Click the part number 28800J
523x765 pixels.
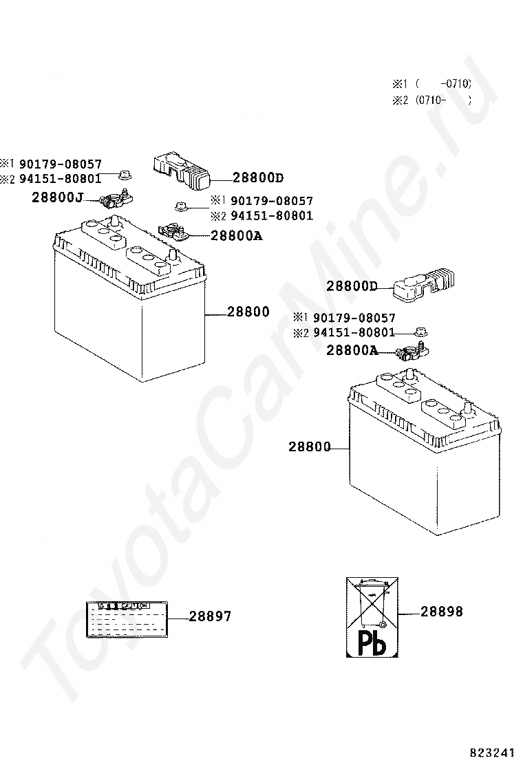click(x=56, y=198)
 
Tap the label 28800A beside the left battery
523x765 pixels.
click(x=236, y=235)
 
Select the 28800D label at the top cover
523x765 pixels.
click(x=257, y=177)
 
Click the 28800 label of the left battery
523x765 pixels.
click(x=248, y=312)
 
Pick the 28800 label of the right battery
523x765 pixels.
click(x=309, y=446)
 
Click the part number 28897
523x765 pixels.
click(x=210, y=616)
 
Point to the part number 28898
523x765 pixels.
click(x=441, y=611)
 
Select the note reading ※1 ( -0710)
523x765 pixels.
click(x=431, y=84)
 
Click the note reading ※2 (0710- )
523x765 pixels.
click(x=431, y=100)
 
